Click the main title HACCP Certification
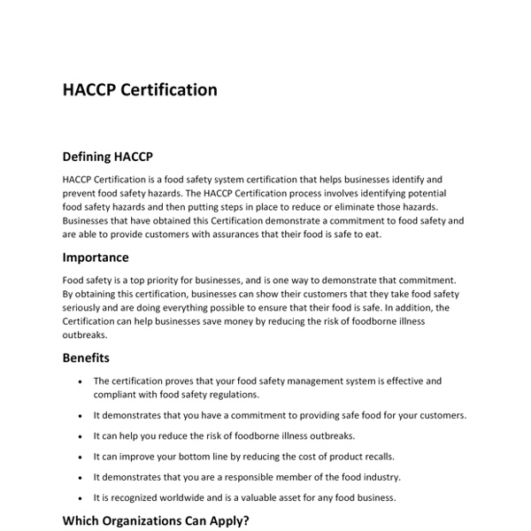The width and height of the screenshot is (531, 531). click(x=140, y=89)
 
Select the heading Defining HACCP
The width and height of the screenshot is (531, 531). click(x=107, y=158)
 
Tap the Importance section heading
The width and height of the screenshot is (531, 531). click(x=96, y=258)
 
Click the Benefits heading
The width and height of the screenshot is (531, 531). click(x=86, y=358)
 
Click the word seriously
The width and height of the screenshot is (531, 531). click(x=86, y=307)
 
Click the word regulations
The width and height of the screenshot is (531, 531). click(x=230, y=395)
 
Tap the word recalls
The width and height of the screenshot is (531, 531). click(x=389, y=457)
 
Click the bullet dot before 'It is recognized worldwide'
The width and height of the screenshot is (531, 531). click(x=80, y=497)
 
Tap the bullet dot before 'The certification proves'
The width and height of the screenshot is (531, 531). click(x=80, y=381)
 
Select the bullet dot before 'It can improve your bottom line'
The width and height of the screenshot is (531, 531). click(x=80, y=457)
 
